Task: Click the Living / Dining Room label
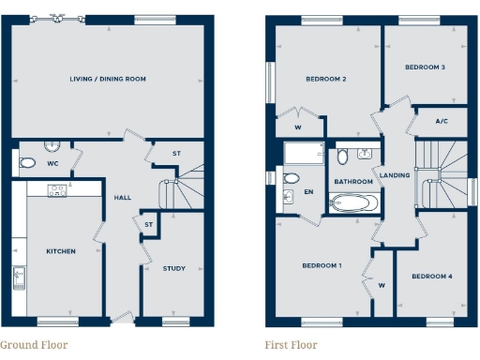point(108,80)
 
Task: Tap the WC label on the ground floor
point(52,161)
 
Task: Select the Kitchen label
point(61,251)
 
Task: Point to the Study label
point(173,269)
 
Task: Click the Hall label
point(123,198)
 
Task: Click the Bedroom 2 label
point(326,80)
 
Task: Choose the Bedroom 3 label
point(425,67)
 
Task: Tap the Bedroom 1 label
point(322,266)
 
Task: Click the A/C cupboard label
point(442,122)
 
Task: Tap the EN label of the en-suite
point(307,192)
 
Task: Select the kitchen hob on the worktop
point(56,190)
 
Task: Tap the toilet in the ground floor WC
point(28,163)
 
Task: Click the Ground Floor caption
point(34,345)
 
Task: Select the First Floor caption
point(291,345)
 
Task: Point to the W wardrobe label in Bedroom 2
point(297,127)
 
